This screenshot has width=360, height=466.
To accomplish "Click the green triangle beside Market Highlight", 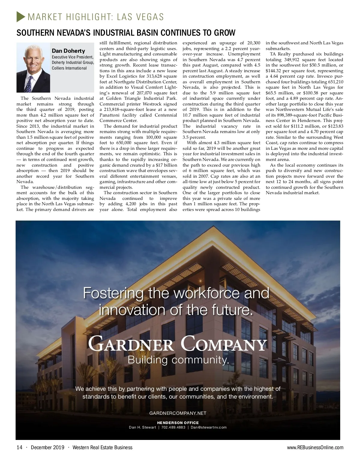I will [20, 16].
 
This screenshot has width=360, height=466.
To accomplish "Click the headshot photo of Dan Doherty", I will [33, 67].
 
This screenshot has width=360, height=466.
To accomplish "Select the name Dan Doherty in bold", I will [68, 51].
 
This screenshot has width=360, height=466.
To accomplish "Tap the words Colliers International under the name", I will [69, 68].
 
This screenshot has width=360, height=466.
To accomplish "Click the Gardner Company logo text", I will [177, 344].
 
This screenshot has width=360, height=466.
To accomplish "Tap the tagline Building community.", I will [178, 360].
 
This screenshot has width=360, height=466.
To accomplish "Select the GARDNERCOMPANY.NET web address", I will [178, 413].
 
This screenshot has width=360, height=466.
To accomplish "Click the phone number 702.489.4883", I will [173, 427].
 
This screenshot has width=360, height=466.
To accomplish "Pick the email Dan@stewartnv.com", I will [209, 427].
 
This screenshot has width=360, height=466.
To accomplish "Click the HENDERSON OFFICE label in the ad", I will [178, 423].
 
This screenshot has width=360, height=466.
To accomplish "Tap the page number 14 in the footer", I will [19, 447].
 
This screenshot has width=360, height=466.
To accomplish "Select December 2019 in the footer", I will [47, 447].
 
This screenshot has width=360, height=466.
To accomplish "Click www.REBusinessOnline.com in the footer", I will [315, 447].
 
